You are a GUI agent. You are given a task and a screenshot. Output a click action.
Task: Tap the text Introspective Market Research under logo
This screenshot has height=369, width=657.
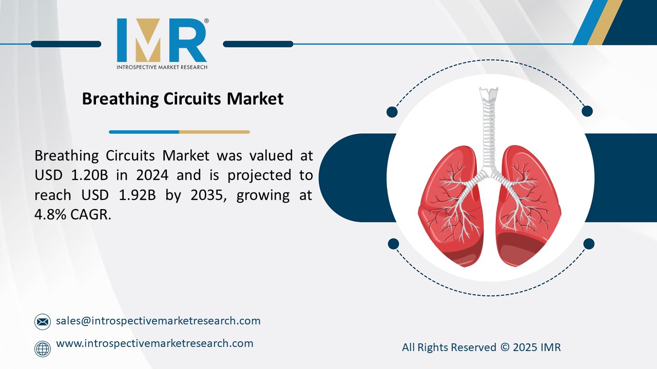point(162,67)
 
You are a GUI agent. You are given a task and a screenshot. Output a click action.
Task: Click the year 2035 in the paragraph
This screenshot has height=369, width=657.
point(205,195)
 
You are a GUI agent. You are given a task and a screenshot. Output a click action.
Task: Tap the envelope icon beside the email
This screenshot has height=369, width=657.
point(43,322)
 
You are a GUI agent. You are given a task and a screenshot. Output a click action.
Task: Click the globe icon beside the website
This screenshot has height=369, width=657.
point(43,349)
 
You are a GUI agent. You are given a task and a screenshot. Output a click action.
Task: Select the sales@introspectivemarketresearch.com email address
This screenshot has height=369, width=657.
point(158,321)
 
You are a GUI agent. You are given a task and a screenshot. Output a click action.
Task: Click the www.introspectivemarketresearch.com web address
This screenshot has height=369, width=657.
point(154,343)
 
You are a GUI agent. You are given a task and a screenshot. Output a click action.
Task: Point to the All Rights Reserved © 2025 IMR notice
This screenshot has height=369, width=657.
point(481,347)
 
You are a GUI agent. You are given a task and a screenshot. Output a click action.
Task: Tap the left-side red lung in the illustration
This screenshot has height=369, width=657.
point(447,205)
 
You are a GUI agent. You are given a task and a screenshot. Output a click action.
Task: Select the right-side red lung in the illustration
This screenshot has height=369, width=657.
point(529,205)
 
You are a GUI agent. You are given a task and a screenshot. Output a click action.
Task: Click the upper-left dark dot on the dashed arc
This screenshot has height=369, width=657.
point(392,112)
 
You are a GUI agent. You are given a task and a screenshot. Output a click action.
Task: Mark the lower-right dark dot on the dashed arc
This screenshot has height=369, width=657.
point(589,243)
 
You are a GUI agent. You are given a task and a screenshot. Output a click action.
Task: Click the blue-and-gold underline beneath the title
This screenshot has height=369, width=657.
point(179,132)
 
